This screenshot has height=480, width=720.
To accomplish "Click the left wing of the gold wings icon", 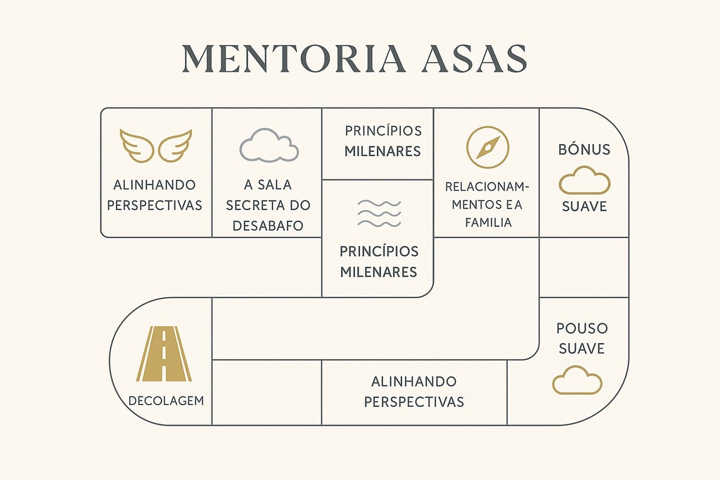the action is tap(137, 145).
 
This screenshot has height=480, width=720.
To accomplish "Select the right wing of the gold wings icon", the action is tap(175, 145).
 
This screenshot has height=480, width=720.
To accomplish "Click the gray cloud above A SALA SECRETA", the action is tap(269, 145).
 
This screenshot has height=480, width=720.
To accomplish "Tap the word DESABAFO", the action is tap(266, 226).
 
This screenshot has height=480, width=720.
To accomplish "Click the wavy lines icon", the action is tap(379, 213).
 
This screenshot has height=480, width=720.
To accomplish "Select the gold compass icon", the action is tap(487, 147).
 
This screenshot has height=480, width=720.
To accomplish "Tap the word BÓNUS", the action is tap(584, 150).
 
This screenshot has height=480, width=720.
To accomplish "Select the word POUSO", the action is tap(581, 328).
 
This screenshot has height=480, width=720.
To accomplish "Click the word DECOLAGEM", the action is tap(166, 401).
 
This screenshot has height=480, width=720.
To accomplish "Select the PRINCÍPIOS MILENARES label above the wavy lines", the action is tap(382, 141).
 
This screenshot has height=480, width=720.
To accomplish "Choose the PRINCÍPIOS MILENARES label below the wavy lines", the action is tap(379, 261).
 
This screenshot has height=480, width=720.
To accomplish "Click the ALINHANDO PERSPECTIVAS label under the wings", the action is tap(157, 195).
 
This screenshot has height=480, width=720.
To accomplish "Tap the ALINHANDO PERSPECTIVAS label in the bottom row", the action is tap(414, 391).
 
